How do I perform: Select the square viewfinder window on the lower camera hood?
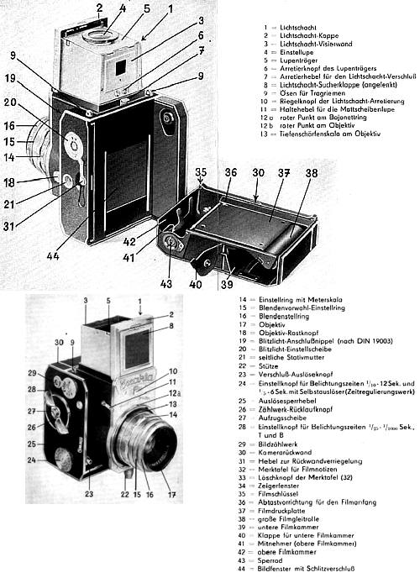point(136,347)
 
